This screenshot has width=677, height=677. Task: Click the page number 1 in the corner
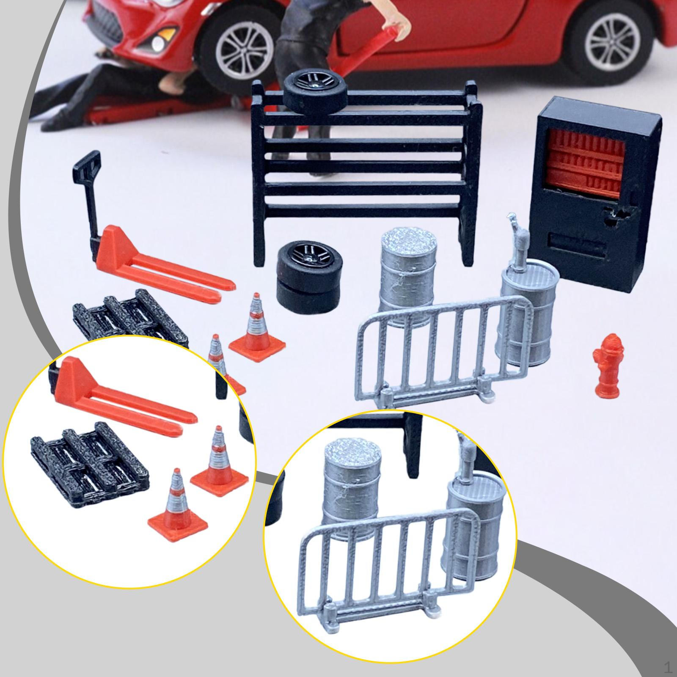click(x=668, y=668)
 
